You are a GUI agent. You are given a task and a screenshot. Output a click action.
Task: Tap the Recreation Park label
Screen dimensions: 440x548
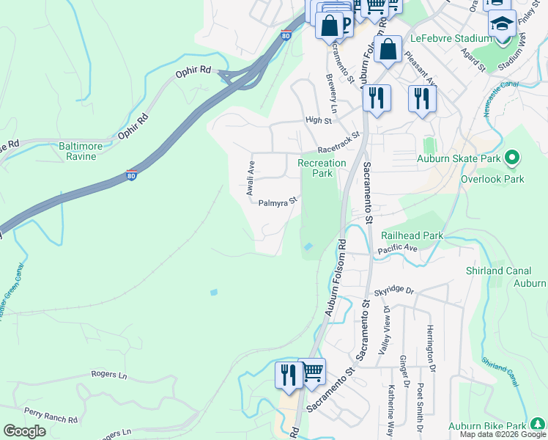pos(321,168)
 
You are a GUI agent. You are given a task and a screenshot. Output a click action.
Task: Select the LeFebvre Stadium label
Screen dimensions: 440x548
pos(456,38)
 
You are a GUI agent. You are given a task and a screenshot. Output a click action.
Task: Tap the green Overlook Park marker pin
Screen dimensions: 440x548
pos(512,158)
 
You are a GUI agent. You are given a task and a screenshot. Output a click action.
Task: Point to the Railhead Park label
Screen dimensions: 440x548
pos(412,235)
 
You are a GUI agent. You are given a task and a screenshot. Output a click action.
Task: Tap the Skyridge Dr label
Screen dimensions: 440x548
pos(393,291)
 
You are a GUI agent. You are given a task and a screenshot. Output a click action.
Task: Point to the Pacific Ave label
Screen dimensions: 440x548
pos(397,250)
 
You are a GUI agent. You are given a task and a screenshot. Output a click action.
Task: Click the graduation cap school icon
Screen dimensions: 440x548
pos(502,25)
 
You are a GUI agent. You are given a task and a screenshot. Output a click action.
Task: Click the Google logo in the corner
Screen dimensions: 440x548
pos(24,431)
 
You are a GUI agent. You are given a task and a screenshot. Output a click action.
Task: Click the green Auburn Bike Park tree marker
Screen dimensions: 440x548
pos(538,424)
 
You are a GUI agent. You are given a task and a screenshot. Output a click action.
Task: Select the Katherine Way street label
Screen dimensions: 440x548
pos(392,407)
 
